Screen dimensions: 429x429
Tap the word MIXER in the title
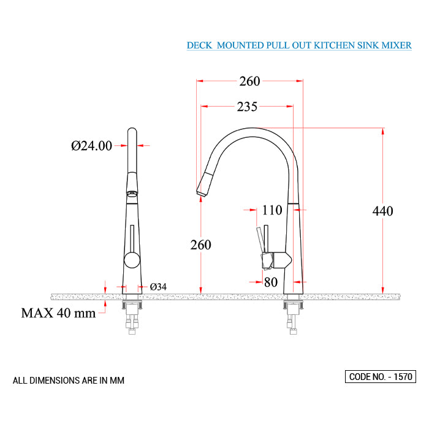pyautogui.click(x=396, y=46)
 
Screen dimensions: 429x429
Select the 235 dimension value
pyautogui.click(x=247, y=107)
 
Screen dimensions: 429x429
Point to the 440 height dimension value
pyautogui.click(x=383, y=211)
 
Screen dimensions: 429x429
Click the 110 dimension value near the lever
pyautogui.click(x=272, y=210)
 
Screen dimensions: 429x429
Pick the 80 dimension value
pyautogui.click(x=270, y=283)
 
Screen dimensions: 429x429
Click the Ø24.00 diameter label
pyautogui.click(x=91, y=146)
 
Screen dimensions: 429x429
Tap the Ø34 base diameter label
pyautogui.click(x=159, y=287)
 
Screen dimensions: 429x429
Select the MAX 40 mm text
pyautogui.click(x=58, y=313)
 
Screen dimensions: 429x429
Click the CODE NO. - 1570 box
pyautogui.click(x=380, y=376)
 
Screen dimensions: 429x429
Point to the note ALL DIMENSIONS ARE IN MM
pyautogui.click(x=69, y=381)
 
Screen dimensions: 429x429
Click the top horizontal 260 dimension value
pyautogui.click(x=249, y=82)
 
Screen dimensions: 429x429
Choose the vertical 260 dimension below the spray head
pyautogui.click(x=200, y=245)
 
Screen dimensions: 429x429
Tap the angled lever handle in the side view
pyautogui.click(x=260, y=240)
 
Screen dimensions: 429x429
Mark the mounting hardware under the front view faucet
pyautogui.click(x=132, y=316)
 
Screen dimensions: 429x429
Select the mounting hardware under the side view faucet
pyautogui.click(x=293, y=316)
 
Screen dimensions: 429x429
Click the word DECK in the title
pyautogui.click(x=199, y=46)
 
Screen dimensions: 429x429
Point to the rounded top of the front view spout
pyautogui.click(x=131, y=131)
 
